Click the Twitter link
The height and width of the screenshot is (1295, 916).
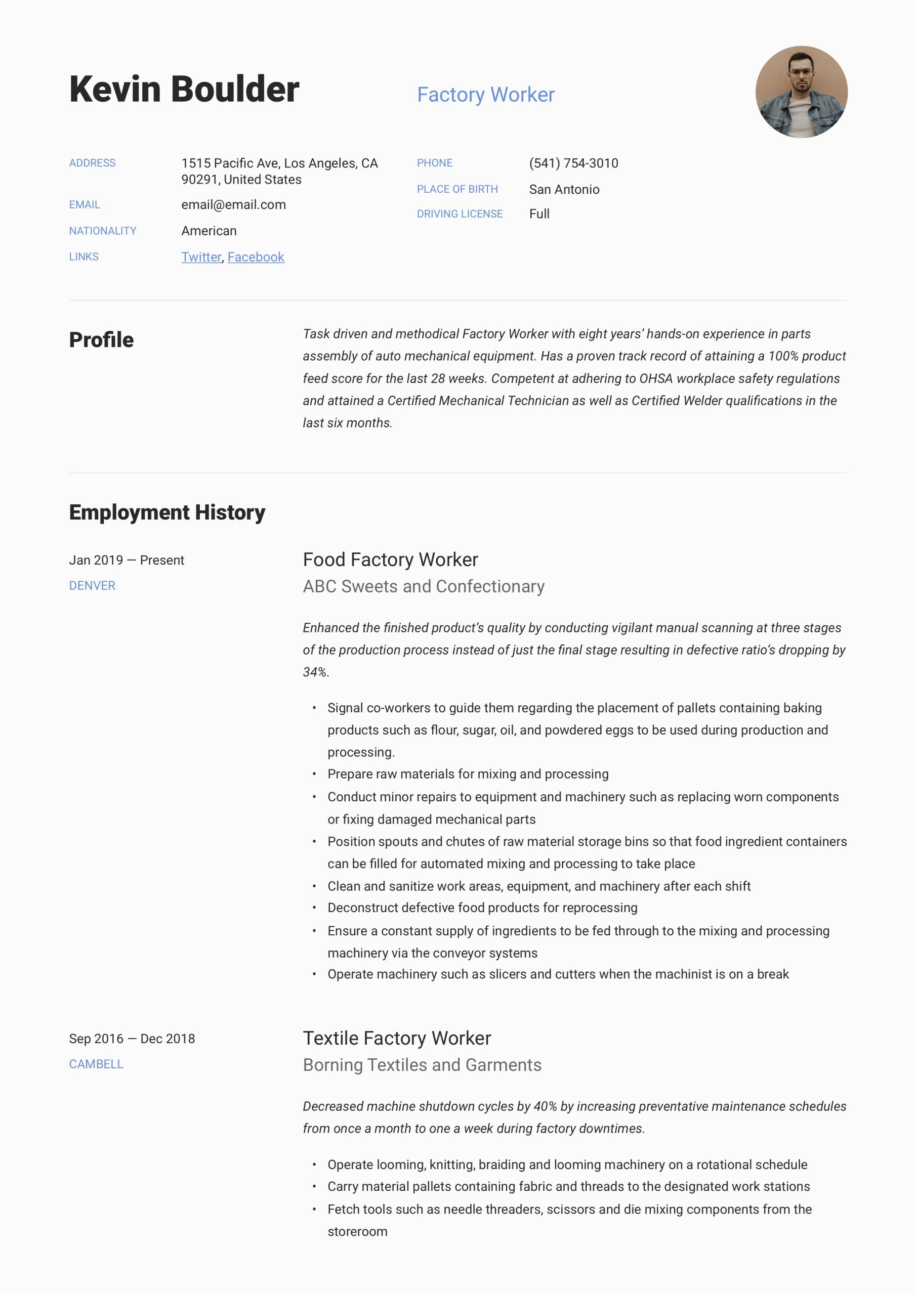pos(201,257)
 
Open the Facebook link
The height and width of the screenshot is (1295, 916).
pos(256,257)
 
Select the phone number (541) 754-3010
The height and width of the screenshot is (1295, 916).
pos(573,163)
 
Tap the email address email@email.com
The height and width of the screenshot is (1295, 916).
pos(233,205)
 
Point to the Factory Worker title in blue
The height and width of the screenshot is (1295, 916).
pos(485,95)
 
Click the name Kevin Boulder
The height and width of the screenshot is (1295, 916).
pos(184,89)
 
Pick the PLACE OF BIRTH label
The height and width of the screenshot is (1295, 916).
pos(457,190)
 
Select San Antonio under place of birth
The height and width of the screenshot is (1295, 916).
pos(564,190)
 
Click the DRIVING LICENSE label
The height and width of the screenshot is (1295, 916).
pos(460,214)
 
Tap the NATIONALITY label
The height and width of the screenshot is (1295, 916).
pos(103,231)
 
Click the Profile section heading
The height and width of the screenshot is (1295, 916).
pos(102,340)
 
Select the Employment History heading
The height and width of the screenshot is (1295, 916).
pos(167,512)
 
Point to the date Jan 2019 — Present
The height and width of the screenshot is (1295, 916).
pos(127,560)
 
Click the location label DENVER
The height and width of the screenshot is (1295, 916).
pos(92,585)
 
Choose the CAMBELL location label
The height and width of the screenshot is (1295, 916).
pos(96,1064)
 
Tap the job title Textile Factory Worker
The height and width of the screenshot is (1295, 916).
pos(397,1038)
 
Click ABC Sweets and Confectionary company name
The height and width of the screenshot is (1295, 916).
pos(423,587)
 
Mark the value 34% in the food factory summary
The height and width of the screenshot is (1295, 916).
pos(314,672)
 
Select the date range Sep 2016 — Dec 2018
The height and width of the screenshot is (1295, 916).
pos(132,1039)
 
